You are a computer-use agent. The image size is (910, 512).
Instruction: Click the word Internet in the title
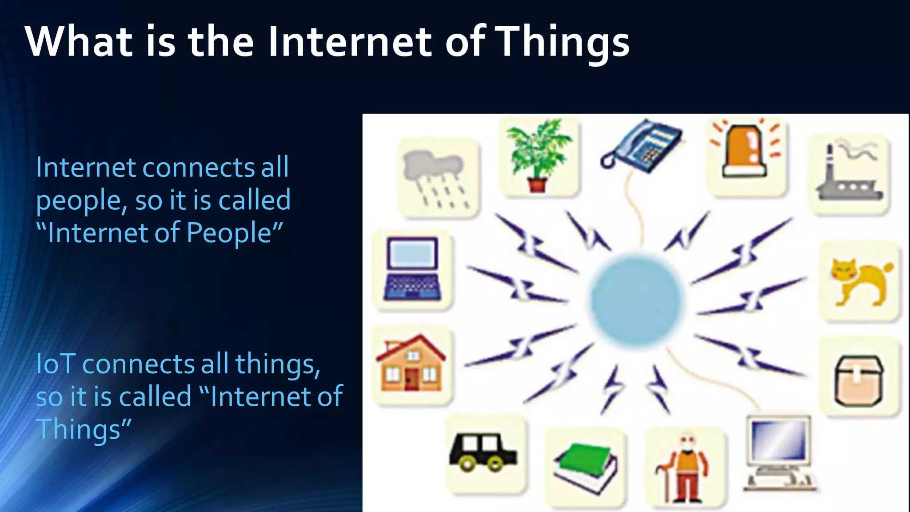point(350,41)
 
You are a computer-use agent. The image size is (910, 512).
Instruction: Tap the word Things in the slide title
point(563,41)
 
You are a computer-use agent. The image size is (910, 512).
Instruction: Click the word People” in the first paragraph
point(234,233)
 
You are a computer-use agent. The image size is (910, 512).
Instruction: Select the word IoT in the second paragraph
point(55,364)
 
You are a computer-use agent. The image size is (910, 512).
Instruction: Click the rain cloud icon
point(437,178)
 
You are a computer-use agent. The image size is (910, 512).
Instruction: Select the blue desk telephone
point(643,146)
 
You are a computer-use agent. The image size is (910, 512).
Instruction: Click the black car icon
point(483,452)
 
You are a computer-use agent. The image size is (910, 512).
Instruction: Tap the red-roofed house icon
point(411,364)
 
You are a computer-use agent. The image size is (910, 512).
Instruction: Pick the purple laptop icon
point(412,269)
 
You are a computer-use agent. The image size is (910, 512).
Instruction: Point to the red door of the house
point(411,379)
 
